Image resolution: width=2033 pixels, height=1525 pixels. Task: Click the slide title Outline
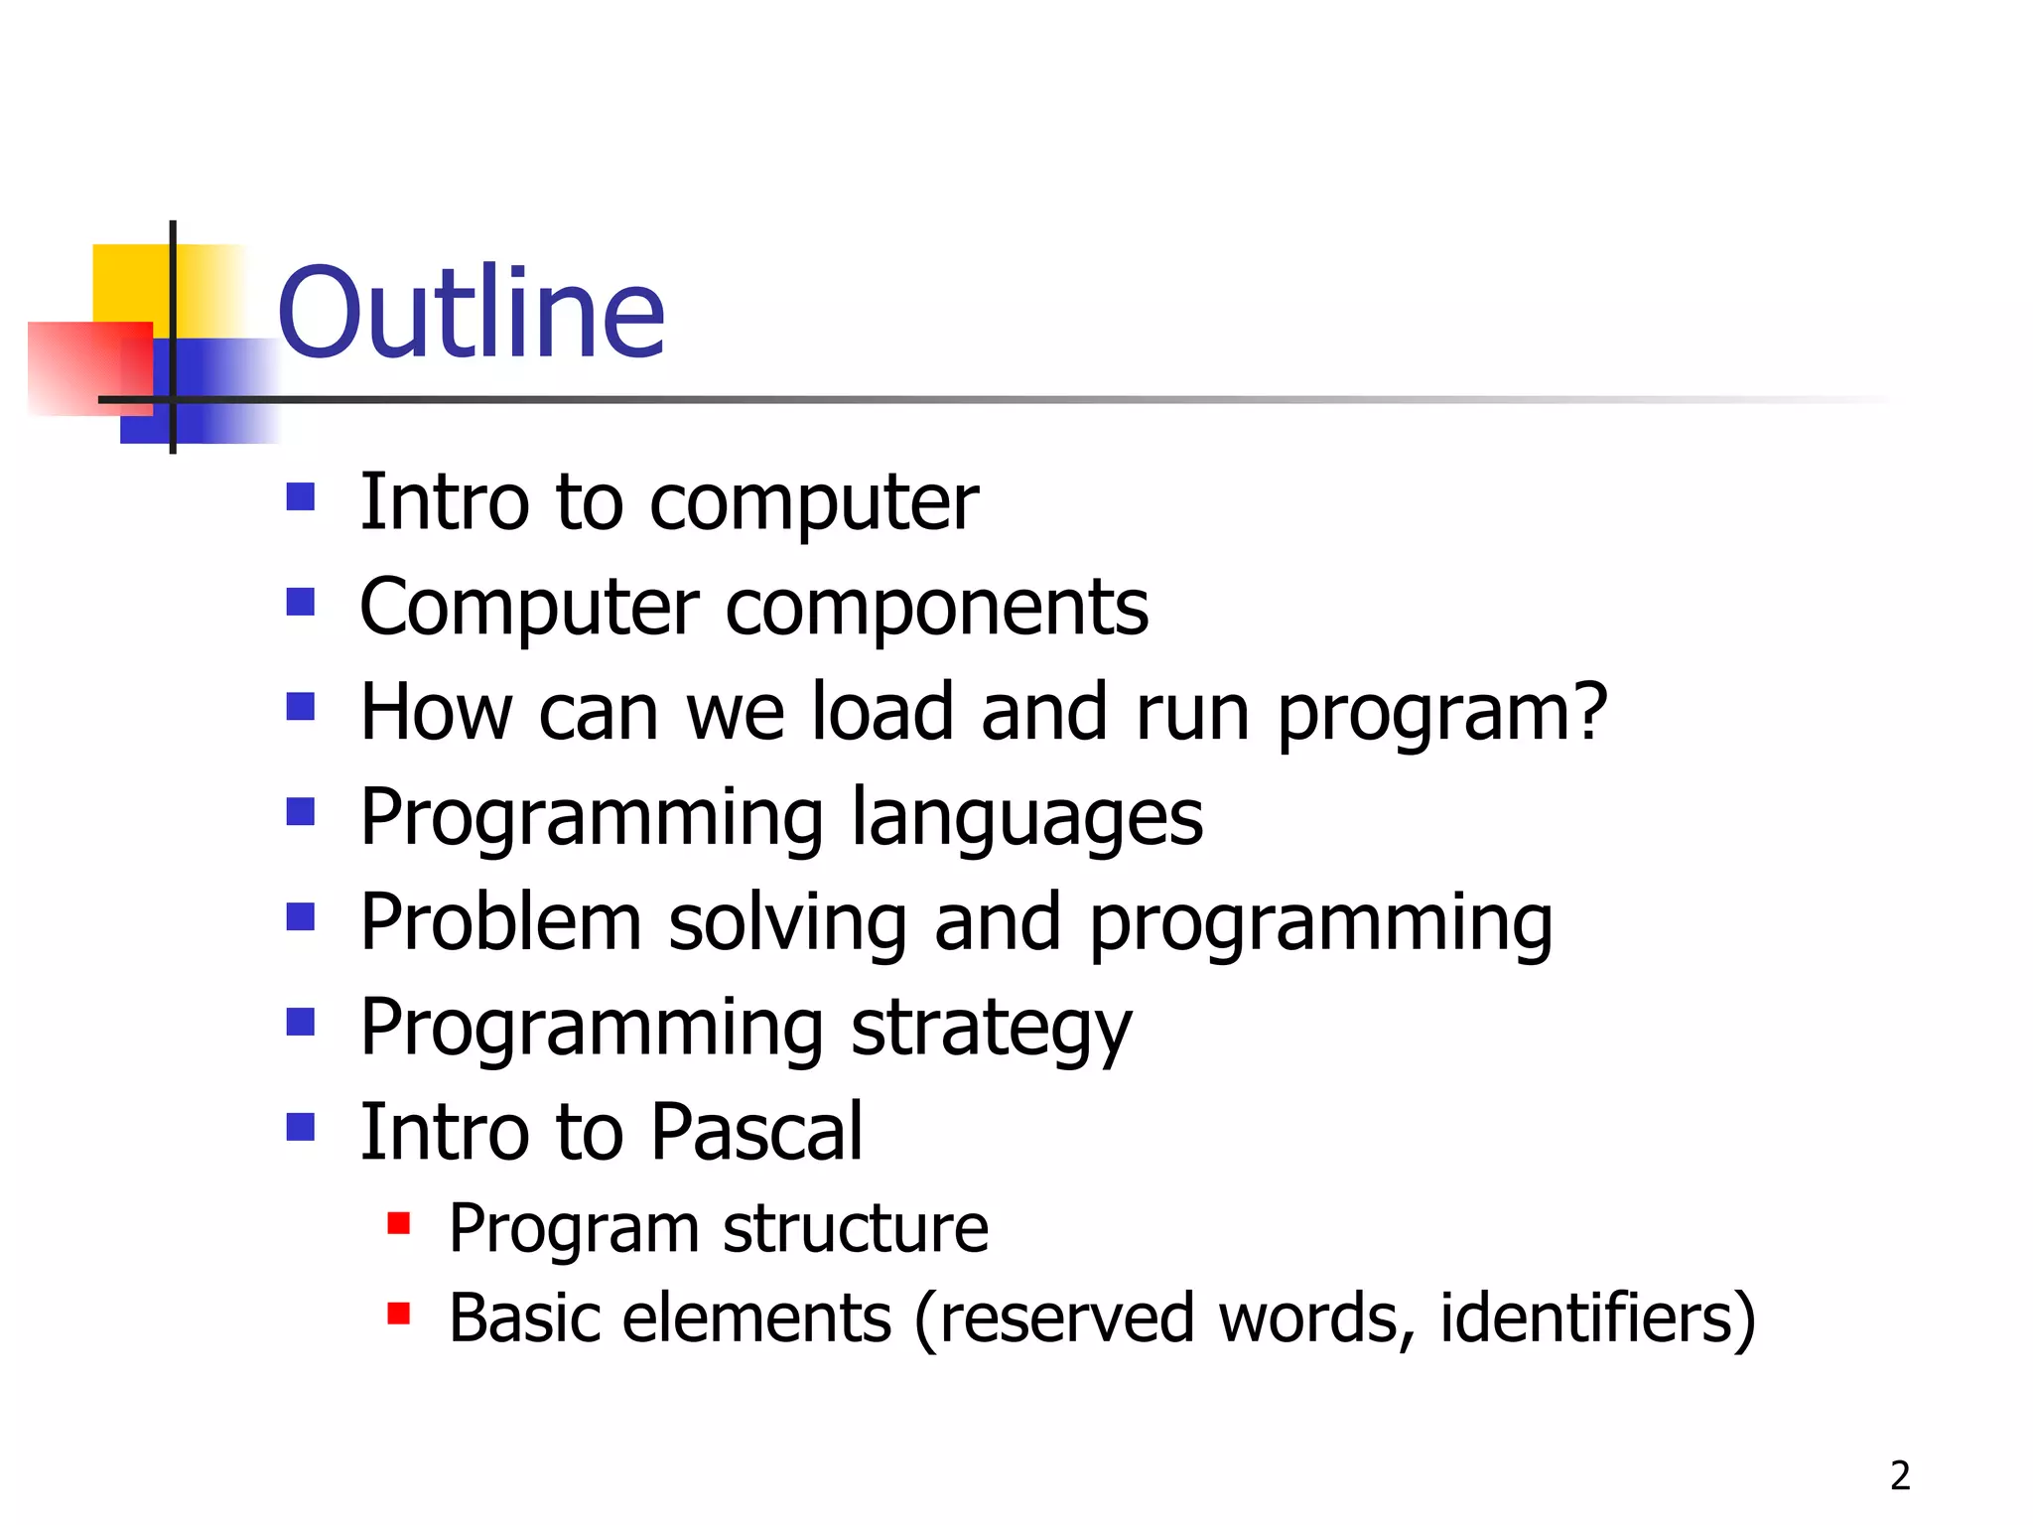click(x=471, y=314)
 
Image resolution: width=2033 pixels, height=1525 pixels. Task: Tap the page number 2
click(x=1900, y=1475)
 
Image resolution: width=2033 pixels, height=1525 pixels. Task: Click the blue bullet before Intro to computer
click(x=300, y=496)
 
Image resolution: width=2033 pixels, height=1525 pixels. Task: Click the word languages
click(x=1026, y=818)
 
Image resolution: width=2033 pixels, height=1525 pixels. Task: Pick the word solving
click(x=787, y=923)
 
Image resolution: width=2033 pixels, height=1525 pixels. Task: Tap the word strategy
click(x=990, y=1029)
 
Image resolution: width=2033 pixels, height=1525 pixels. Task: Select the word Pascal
click(x=756, y=1132)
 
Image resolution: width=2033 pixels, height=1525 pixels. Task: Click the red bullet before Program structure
click(x=399, y=1223)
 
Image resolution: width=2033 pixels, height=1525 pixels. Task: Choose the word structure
click(x=855, y=1229)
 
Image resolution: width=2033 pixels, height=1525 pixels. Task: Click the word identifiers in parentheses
click(x=1585, y=1318)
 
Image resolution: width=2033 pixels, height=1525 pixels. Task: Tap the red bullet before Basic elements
click(x=399, y=1315)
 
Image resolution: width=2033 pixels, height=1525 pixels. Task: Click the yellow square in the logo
click(x=129, y=282)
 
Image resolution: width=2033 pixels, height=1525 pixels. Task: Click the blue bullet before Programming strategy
click(x=300, y=1023)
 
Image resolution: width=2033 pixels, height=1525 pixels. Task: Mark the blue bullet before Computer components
click(x=300, y=602)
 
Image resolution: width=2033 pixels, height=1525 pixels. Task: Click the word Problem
click(x=500, y=923)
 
